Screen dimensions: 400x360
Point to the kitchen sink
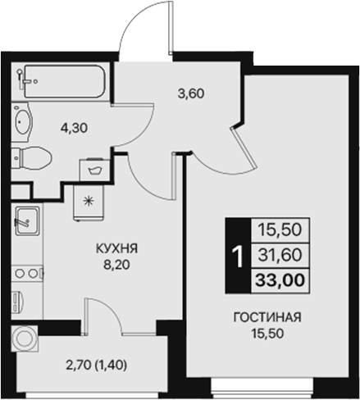tap(25, 220)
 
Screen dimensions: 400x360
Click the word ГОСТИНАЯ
tap(265, 318)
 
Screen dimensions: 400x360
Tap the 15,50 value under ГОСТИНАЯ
tap(265, 334)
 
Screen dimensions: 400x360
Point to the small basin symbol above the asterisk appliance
tap(92, 170)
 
